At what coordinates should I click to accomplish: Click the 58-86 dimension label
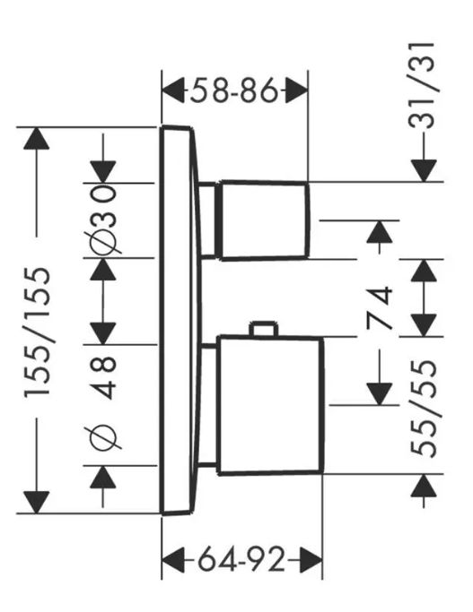pos(234,91)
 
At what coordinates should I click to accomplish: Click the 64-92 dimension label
pos(241,561)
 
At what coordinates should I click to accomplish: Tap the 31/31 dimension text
pos(422,85)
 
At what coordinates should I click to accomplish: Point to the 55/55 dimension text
pos(424,409)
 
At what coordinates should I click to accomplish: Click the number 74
pos(379,308)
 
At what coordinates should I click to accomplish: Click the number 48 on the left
pos(103,377)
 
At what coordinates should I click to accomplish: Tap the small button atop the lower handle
pos(264,329)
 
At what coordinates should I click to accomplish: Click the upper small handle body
pos(265,220)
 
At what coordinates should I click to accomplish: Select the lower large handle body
pos(270,405)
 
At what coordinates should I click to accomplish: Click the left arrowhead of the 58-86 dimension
pos(173,91)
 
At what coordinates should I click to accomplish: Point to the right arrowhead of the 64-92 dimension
pos(311,561)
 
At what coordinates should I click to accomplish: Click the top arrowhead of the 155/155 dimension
pos(37,138)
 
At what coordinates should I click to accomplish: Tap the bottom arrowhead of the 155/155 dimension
pos(37,503)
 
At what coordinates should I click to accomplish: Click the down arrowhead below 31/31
pos(424,171)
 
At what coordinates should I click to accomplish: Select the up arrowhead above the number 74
pos(379,231)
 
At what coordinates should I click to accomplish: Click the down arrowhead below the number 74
pos(379,394)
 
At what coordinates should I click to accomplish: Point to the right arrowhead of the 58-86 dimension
pos(297,91)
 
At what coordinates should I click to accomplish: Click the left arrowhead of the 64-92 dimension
pos(173,561)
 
